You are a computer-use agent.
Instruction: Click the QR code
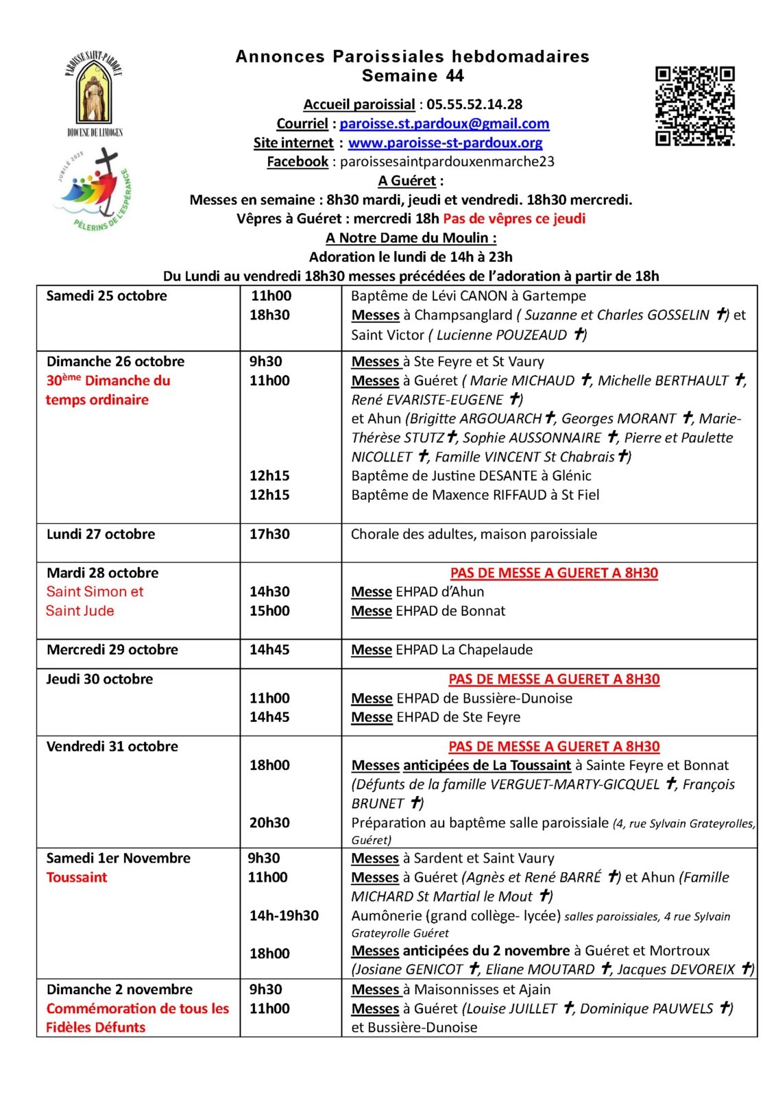(x=695, y=106)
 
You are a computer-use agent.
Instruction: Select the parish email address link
(x=444, y=123)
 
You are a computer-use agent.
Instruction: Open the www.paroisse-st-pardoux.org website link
(x=445, y=143)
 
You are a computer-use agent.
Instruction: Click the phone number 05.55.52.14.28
(x=474, y=104)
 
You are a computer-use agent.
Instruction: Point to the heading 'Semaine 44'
(x=413, y=75)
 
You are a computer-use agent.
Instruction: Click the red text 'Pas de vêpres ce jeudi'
(x=514, y=219)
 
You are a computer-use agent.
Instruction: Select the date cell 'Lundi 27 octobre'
(x=101, y=534)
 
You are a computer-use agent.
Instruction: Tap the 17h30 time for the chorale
(x=269, y=534)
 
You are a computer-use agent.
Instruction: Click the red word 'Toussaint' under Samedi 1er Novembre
(x=77, y=877)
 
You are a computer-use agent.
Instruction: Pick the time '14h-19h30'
(x=284, y=915)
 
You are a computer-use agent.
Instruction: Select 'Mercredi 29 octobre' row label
(x=112, y=649)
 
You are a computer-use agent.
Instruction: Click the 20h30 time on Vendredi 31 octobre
(x=269, y=823)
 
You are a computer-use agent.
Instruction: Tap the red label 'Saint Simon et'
(x=95, y=592)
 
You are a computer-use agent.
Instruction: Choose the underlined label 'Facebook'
(x=298, y=162)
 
